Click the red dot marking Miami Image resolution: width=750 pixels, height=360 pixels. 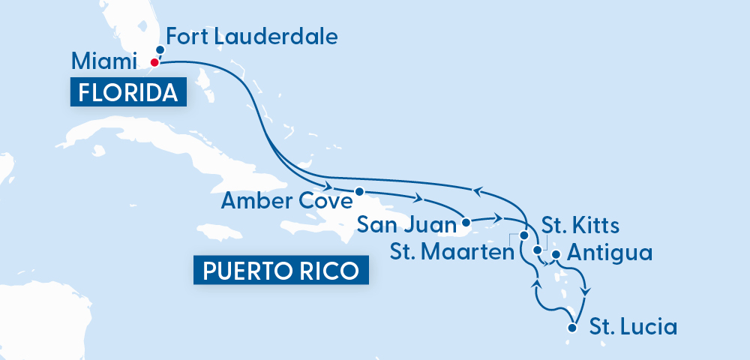(154, 62)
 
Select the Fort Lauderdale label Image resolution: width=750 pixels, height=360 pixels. (252, 35)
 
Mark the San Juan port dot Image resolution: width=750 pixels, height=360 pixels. (466, 223)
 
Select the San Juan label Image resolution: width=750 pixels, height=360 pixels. (408, 224)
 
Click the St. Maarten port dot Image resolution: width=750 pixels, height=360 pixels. (523, 235)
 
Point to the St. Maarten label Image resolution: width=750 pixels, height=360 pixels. (451, 251)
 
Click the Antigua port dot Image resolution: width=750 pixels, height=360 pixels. (556, 255)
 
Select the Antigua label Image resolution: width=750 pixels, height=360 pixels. (609, 253)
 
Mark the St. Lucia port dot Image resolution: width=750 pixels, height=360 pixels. (573, 327)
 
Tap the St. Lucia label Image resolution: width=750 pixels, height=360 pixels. (633, 327)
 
